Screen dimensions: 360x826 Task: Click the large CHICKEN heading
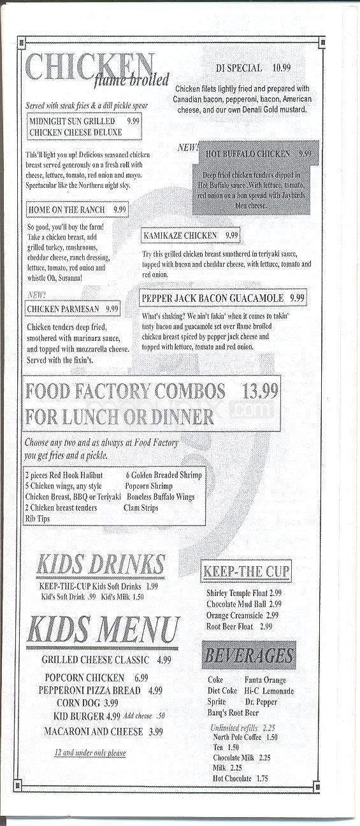89,66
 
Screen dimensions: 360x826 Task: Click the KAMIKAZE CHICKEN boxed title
191,235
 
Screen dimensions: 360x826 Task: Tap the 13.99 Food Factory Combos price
260,391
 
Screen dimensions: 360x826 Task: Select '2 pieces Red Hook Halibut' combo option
64,475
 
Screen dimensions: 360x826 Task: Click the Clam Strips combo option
141,508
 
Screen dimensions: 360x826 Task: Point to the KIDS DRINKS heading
100,564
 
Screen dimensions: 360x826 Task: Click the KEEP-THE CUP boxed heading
246,571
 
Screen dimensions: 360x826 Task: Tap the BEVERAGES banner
249,655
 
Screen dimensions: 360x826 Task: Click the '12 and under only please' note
90,753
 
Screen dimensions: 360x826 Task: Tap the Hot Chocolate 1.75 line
240,778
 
